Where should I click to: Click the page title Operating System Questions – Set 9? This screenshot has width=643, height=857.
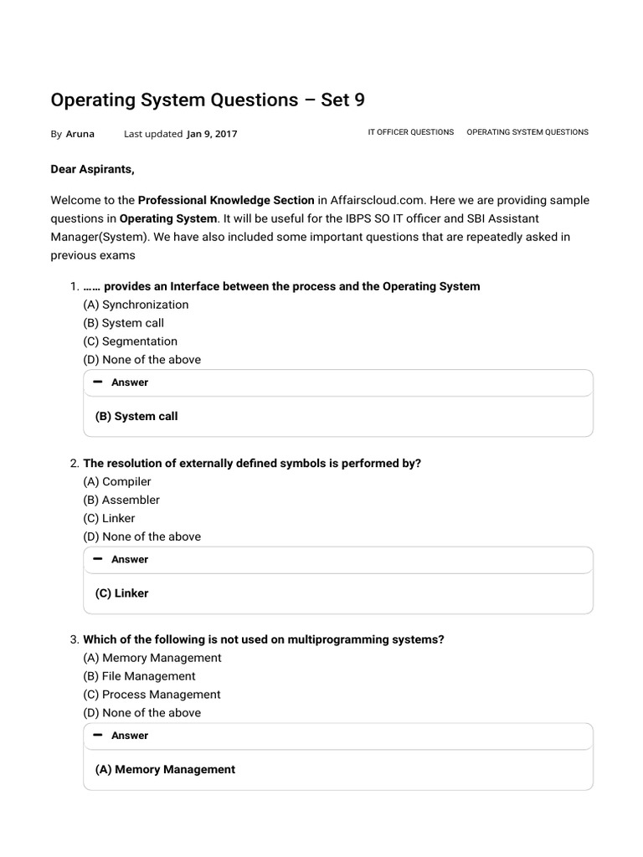point(208,100)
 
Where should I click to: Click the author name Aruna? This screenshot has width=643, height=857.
point(80,134)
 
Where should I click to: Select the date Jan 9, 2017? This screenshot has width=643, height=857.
point(212,134)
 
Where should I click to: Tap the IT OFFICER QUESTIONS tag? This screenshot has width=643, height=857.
point(410,132)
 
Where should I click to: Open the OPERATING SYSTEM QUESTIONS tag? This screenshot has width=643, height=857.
point(527,132)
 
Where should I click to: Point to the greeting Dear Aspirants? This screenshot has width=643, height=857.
point(92,169)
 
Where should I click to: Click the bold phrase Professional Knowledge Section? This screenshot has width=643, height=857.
point(226,201)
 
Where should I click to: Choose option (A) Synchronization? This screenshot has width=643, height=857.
point(136,305)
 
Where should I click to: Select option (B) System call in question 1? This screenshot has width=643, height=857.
point(123,323)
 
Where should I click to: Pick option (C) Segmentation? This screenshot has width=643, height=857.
point(130,341)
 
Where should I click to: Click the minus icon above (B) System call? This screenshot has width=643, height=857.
point(99,382)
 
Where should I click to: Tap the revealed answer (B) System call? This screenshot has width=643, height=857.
point(136,416)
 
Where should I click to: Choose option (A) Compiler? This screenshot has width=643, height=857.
point(117,481)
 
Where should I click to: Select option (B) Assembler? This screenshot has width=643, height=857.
point(121,500)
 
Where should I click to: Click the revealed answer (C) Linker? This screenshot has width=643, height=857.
point(121,593)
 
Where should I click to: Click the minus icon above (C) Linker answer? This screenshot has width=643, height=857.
point(99,558)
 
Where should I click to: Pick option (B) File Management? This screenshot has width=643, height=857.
point(139,676)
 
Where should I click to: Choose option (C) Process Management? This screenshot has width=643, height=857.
point(152,695)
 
